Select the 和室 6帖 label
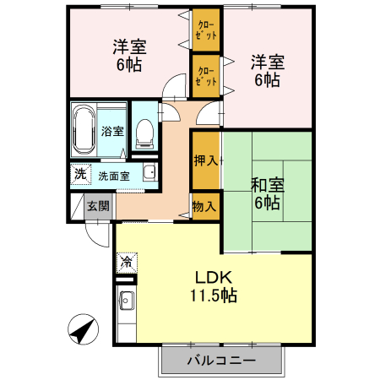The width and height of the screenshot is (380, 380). pyautogui.click(x=265, y=193)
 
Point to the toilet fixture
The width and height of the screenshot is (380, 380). pyautogui.click(x=144, y=130)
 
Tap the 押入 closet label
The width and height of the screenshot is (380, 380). pyautogui.click(x=205, y=160)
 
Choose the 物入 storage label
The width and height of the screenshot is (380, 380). pyautogui.click(x=204, y=205)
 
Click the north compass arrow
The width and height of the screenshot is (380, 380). pyautogui.click(x=80, y=328)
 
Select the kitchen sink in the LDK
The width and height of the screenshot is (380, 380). pyautogui.click(x=126, y=300)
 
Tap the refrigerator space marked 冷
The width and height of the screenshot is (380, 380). pyautogui.click(x=126, y=262)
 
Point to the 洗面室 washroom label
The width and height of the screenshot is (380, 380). pyautogui.click(x=113, y=176)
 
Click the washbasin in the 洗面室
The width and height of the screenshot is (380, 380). pyautogui.click(x=149, y=174)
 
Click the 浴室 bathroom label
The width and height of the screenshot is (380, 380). pyautogui.click(x=112, y=131)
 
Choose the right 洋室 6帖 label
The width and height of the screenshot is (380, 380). pyautogui.click(x=267, y=71)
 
